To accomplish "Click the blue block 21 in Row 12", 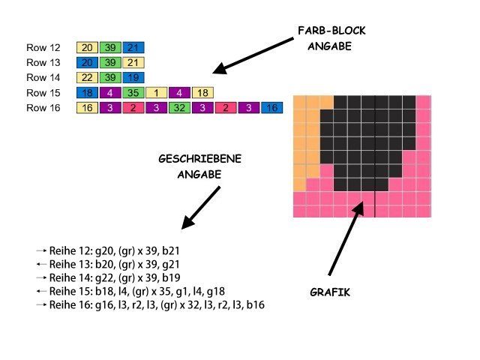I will (x=133, y=47).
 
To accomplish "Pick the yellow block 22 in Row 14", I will (x=86, y=77).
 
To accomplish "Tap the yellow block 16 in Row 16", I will (x=86, y=108).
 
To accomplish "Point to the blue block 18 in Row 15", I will (x=86, y=93).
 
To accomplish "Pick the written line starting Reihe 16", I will (x=156, y=305).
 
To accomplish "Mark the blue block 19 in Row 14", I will (x=133, y=77).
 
